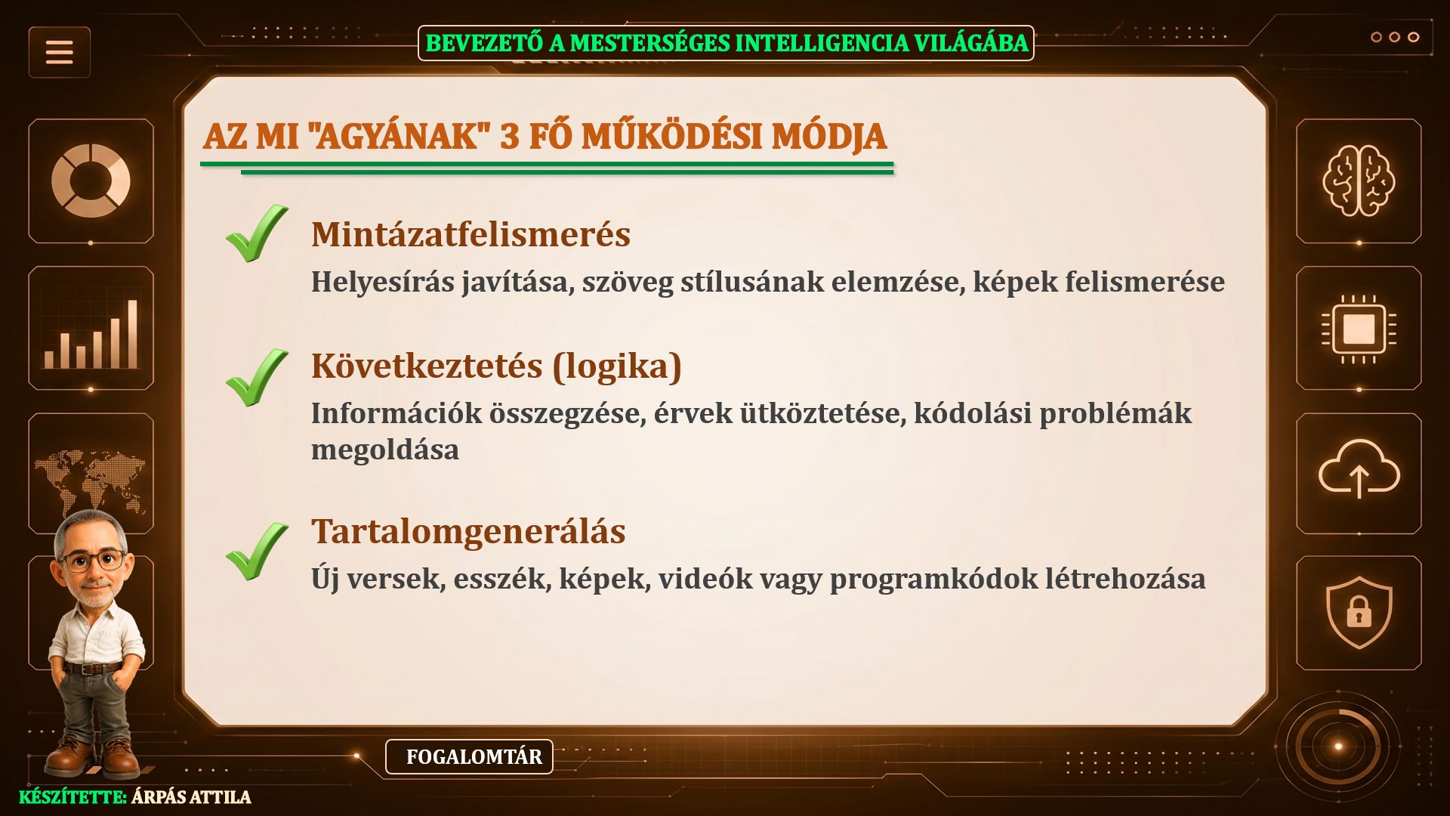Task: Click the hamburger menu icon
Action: click(59, 52)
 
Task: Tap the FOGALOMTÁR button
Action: click(469, 756)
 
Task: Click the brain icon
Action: click(1358, 181)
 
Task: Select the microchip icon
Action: click(1359, 329)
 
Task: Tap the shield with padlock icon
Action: click(1359, 612)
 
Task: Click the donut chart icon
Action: click(91, 181)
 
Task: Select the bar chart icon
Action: click(91, 333)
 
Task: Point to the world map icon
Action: click(91, 480)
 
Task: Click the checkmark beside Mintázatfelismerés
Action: click(257, 233)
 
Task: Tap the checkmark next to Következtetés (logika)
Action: click(257, 378)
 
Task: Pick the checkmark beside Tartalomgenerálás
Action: click(257, 552)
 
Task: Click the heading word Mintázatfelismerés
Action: click(470, 234)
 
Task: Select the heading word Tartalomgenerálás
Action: click(468, 531)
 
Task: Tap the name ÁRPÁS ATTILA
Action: click(191, 797)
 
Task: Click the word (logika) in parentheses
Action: click(617, 366)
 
